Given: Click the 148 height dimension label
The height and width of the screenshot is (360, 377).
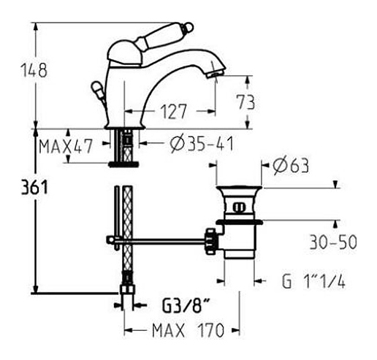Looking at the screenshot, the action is pyautogui.click(x=34, y=70).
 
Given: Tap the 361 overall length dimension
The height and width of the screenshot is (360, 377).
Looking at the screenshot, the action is pyautogui.click(x=34, y=187).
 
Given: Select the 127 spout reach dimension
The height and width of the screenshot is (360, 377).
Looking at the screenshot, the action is pyautogui.click(x=173, y=112).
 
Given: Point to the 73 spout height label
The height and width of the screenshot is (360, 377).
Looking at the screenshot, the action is pyautogui.click(x=246, y=102).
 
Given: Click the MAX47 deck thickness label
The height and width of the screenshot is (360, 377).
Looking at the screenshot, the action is pyautogui.click(x=66, y=146).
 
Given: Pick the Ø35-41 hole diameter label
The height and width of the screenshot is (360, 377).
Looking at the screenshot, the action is pyautogui.click(x=202, y=144).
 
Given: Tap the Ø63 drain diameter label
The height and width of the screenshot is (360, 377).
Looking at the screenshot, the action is pyautogui.click(x=291, y=166).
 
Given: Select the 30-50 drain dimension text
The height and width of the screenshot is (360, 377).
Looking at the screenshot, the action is pyautogui.click(x=333, y=242).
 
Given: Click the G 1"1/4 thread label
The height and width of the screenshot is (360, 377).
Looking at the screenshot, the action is pyautogui.click(x=313, y=281).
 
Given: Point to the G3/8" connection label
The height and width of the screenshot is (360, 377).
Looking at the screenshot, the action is pyautogui.click(x=186, y=305).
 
